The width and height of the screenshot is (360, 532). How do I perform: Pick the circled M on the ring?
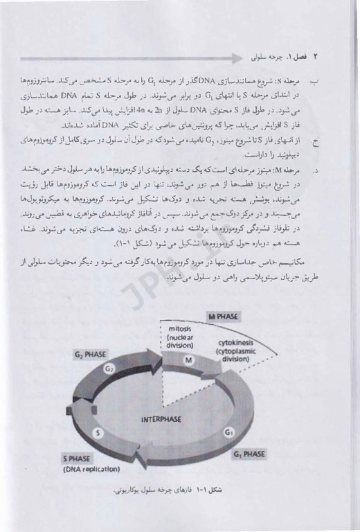[x=188, y=360]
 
